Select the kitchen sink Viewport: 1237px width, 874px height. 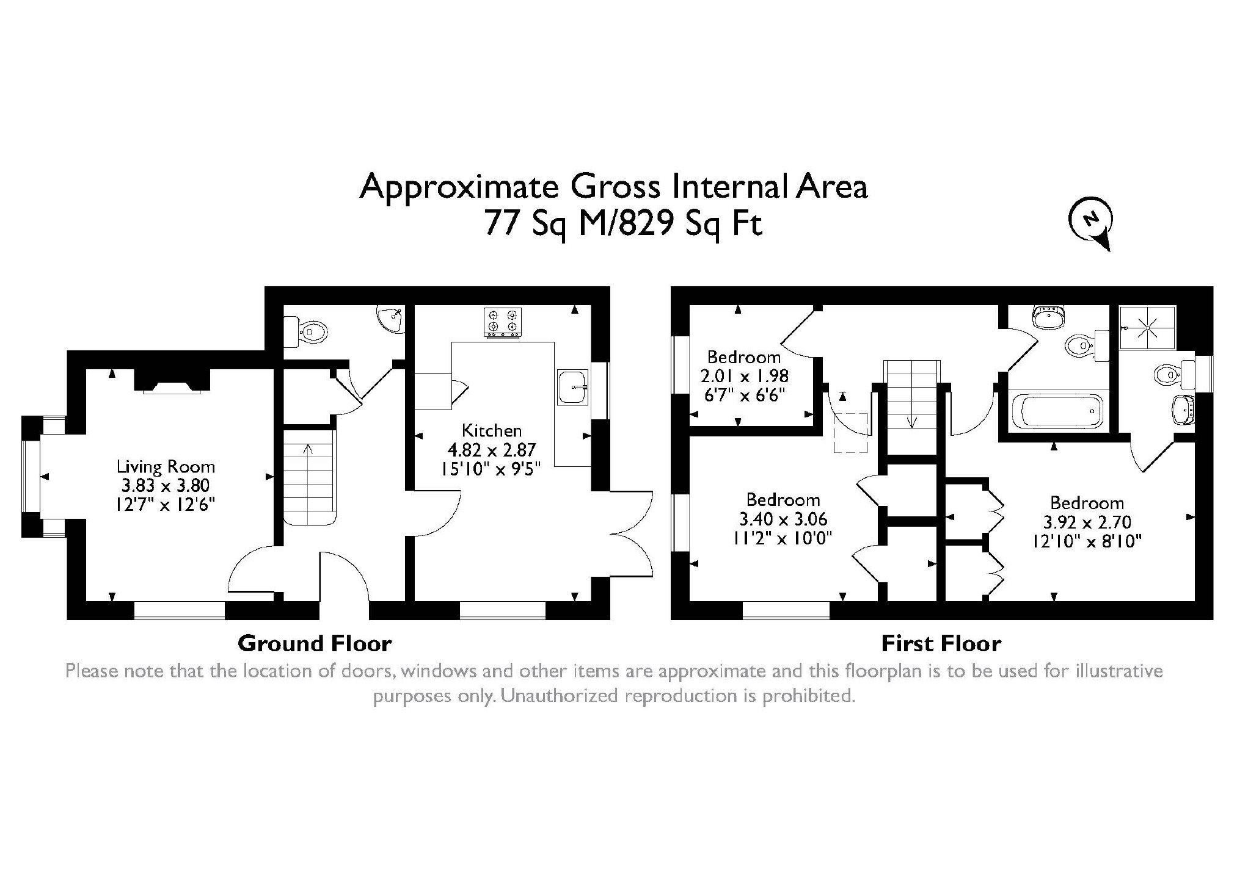[x=573, y=386]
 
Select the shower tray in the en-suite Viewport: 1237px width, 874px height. [x=1147, y=327]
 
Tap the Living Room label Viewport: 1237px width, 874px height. [x=166, y=468]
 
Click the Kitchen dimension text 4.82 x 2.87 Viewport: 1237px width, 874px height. [x=492, y=450]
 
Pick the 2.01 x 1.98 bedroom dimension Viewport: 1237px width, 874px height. [x=744, y=375]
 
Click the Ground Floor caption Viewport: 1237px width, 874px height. [x=315, y=643]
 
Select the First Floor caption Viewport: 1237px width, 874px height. [x=941, y=643]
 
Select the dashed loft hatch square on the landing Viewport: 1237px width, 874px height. [x=851, y=433]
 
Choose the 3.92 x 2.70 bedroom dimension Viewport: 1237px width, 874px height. [x=1087, y=522]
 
